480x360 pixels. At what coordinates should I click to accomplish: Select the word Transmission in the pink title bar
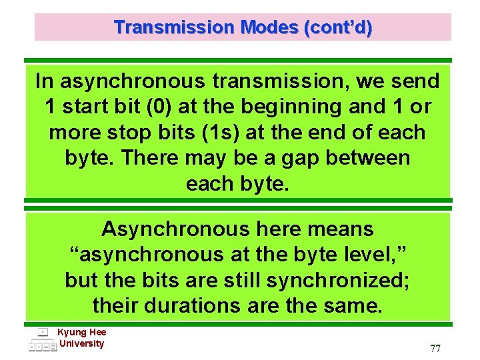[174, 28]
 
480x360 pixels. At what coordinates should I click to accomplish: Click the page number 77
[435, 349]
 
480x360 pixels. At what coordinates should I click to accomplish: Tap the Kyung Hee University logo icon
[42, 340]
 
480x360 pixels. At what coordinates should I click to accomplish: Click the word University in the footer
[82, 343]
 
